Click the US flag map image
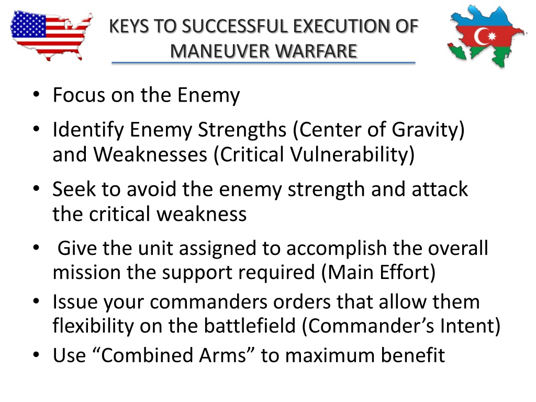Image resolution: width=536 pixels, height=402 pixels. tap(51, 35)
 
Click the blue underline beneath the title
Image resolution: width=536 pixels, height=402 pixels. tap(263, 63)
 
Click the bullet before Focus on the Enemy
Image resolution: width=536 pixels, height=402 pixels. tap(36, 94)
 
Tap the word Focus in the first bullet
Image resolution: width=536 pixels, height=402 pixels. tap(79, 95)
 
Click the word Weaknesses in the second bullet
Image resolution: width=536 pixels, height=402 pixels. tap(150, 154)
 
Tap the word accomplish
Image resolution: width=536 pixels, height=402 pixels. tap(337, 249)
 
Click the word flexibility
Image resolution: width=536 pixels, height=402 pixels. tap(93, 326)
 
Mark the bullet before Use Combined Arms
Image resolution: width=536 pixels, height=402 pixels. tap(36, 355)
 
